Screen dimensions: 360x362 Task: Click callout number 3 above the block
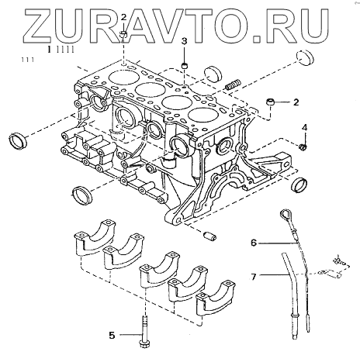click(x=184, y=41)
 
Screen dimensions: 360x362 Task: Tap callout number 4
click(x=305, y=127)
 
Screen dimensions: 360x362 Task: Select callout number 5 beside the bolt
click(x=112, y=336)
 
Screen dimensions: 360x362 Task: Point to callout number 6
click(x=254, y=243)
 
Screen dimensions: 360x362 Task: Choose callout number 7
click(x=254, y=277)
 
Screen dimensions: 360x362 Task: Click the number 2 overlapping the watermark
click(x=124, y=17)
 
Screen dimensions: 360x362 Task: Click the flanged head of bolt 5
click(x=144, y=344)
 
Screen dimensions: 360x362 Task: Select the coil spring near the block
click(x=233, y=84)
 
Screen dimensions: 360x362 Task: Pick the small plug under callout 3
click(x=185, y=66)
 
